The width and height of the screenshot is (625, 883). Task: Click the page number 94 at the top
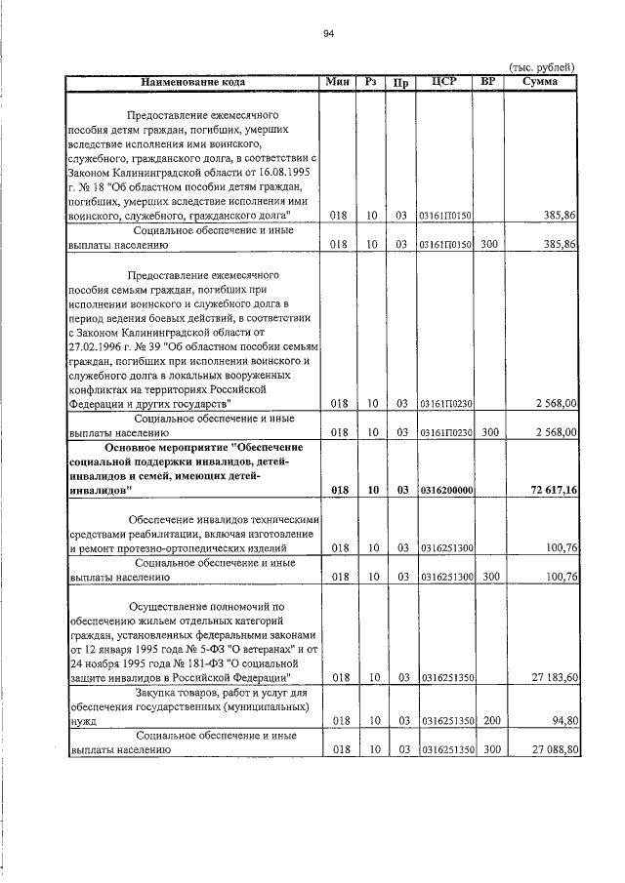point(329,34)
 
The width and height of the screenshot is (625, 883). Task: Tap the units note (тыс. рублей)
point(541,66)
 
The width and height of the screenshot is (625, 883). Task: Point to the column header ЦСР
point(445,82)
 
